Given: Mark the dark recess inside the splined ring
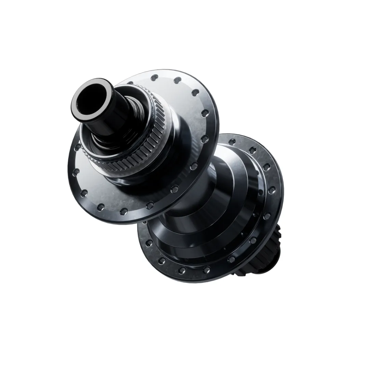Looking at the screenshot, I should pos(102,143).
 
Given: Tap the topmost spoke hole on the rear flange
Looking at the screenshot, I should pos(233,140).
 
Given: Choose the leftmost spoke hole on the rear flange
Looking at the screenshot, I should pos(149,243).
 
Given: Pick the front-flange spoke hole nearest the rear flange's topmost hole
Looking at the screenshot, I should pos(205,138).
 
